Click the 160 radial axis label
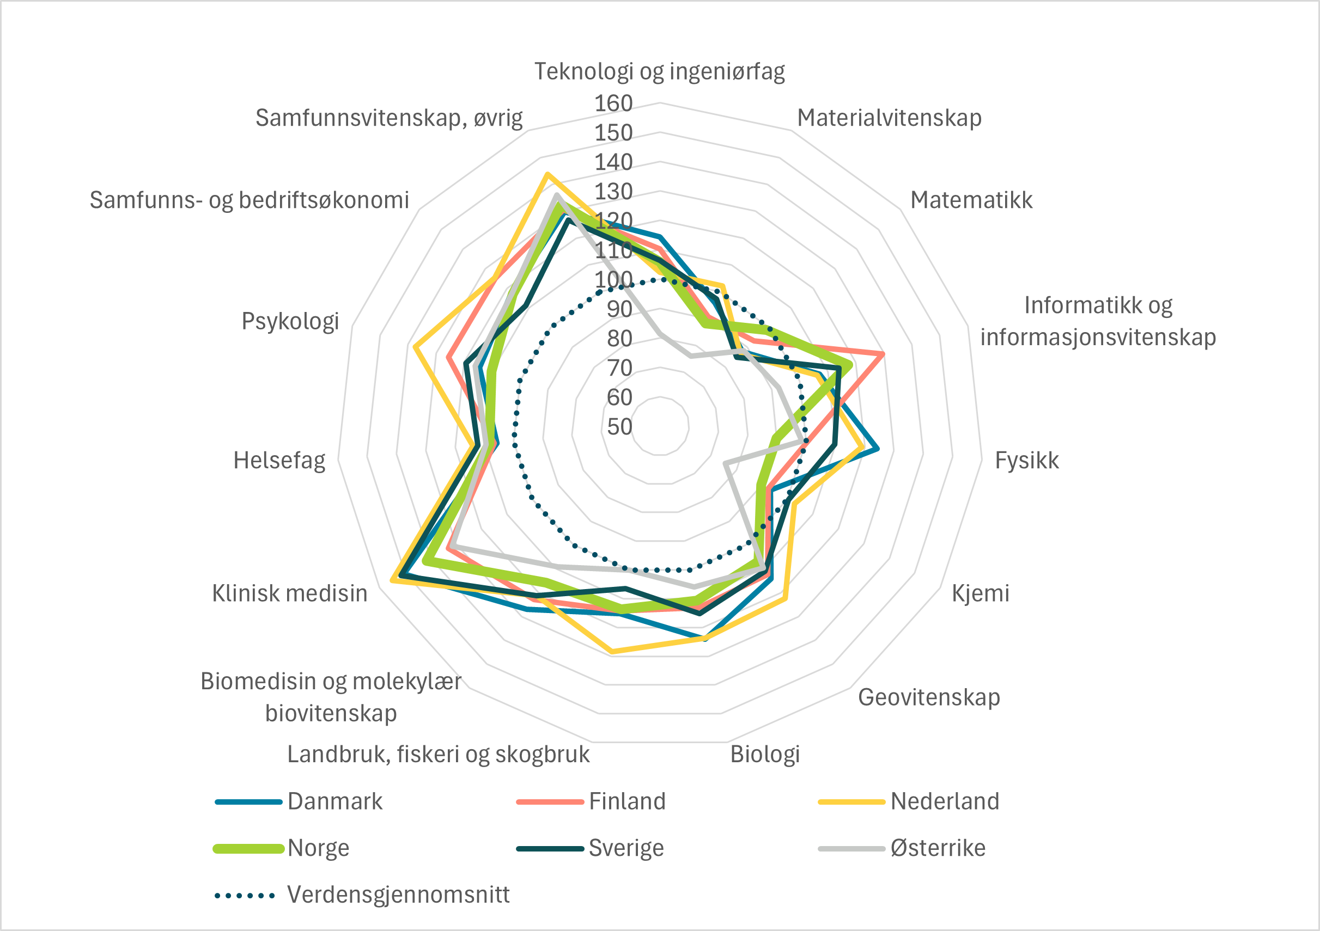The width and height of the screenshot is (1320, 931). point(613,103)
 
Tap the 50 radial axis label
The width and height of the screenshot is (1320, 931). point(619,426)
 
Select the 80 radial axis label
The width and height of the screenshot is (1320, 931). point(619,339)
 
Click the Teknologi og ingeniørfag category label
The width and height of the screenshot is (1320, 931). point(659,71)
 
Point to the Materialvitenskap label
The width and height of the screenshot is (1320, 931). point(889,118)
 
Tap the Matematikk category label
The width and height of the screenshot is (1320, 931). point(971,200)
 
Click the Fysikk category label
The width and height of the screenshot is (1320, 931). point(1026,461)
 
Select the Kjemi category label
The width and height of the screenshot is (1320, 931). point(980,593)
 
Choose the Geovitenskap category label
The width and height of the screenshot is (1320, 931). point(928,697)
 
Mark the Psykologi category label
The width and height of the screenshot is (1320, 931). point(290,321)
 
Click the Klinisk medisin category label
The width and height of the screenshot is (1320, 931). point(290,593)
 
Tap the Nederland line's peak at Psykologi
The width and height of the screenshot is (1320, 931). point(415,346)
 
